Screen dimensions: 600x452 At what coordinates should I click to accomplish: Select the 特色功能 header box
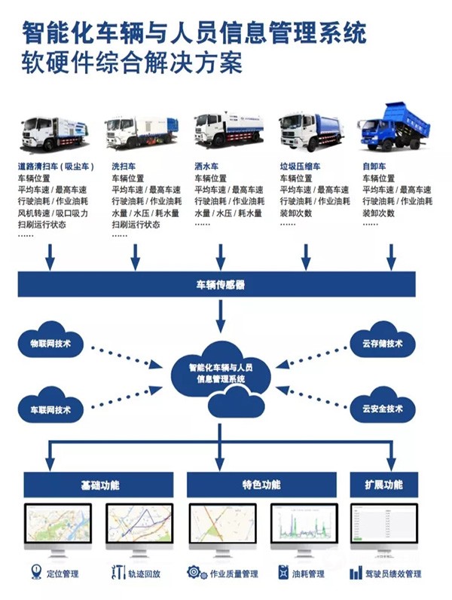(x=261, y=484)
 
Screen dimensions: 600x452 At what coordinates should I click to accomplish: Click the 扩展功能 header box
(x=386, y=484)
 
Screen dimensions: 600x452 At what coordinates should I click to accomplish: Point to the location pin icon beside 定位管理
(x=35, y=573)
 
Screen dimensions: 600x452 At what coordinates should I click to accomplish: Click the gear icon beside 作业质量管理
(x=194, y=573)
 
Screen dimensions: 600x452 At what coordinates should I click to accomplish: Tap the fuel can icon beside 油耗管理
(x=283, y=573)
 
